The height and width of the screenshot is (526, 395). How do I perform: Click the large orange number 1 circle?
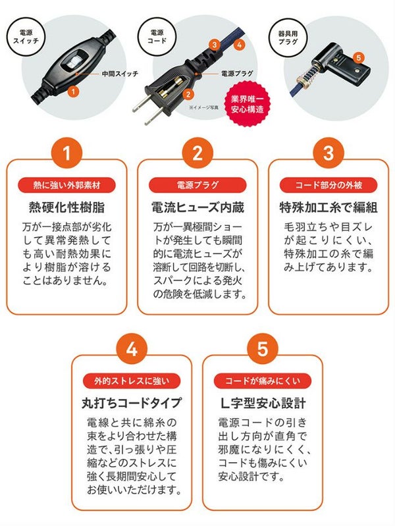tap(66, 153)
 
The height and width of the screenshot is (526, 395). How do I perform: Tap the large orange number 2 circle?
tap(197, 153)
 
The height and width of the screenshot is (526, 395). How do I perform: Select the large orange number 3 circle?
tap(329, 153)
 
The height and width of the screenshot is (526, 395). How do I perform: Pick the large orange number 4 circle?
tap(132, 349)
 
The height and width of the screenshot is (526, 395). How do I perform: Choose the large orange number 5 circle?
tap(263, 349)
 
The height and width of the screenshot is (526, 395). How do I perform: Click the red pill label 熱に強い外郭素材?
tap(66, 185)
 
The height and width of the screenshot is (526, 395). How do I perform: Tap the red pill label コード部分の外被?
tap(329, 185)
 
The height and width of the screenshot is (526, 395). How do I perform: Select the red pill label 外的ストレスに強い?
tap(132, 381)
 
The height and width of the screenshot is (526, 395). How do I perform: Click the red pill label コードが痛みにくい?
tap(263, 381)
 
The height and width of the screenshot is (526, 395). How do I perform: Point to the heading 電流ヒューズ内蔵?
tap(197, 207)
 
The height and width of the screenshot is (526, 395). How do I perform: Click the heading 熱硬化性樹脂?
tap(66, 207)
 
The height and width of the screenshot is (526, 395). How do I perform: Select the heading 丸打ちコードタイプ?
tap(132, 403)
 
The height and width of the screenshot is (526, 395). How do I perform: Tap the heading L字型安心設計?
tap(263, 403)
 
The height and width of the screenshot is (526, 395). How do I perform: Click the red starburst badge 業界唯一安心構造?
tap(248, 104)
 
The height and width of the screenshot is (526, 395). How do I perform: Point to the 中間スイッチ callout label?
tap(120, 74)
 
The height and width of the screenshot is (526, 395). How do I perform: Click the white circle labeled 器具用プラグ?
tap(288, 38)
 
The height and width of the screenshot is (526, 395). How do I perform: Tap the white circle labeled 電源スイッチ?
tap(26, 37)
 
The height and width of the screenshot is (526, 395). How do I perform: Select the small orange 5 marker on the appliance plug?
tap(359, 58)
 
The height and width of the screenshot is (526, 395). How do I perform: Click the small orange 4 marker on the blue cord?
tap(239, 45)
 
